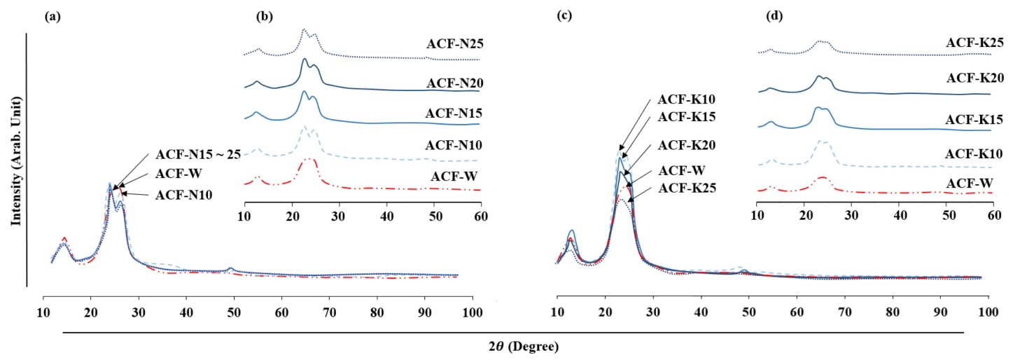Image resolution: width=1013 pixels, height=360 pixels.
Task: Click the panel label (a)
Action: tap(51, 18)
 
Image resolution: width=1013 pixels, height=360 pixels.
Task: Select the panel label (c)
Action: tap(564, 18)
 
